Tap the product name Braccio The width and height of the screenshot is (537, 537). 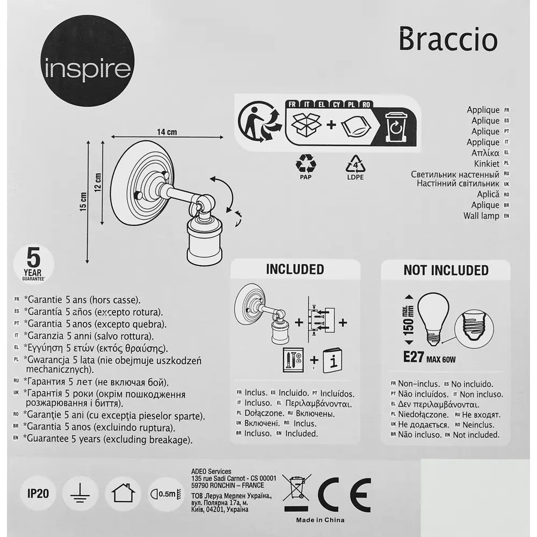[448, 41]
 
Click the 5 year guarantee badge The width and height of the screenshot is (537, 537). [33, 263]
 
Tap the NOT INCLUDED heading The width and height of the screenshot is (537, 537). [446, 270]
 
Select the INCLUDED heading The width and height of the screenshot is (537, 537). [295, 269]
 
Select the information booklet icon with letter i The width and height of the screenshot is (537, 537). [333, 362]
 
